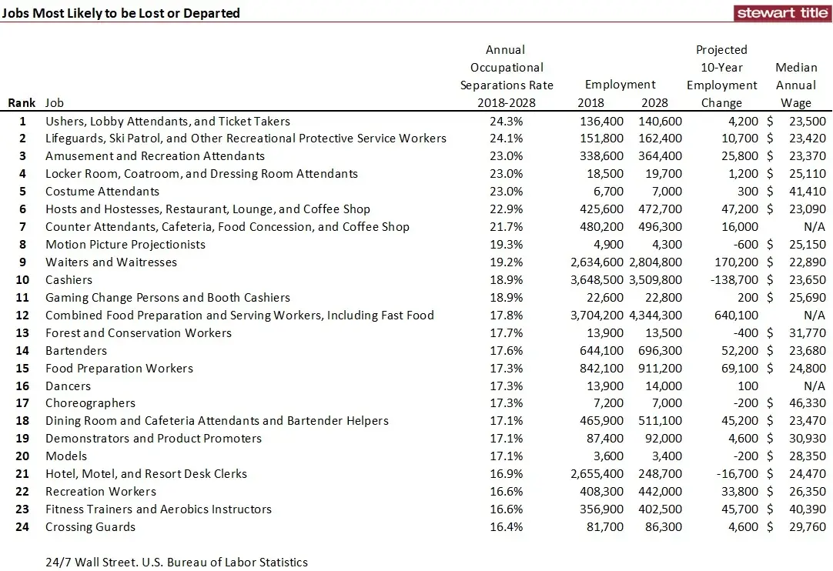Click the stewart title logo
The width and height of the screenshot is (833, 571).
pyautogui.click(x=782, y=12)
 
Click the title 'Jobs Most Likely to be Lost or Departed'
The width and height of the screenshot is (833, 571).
pyautogui.click(x=121, y=13)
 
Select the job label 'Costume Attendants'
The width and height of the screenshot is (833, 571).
pyautogui.click(x=102, y=192)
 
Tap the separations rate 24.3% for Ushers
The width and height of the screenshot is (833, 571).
pyautogui.click(x=507, y=122)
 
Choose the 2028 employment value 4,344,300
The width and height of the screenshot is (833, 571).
pyautogui.click(x=660, y=316)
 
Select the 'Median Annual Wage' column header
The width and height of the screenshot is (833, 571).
pyautogui.click(x=796, y=85)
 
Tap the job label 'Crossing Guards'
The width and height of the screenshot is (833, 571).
pyautogui.click(x=90, y=527)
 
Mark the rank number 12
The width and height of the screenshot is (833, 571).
pyautogui.click(x=22, y=316)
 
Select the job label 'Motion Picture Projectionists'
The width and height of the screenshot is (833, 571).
pyautogui.click(x=125, y=245)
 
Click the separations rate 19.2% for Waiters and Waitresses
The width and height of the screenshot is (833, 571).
pyautogui.click(x=507, y=262)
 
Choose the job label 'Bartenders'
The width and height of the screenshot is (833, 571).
pyautogui.click(x=76, y=351)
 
